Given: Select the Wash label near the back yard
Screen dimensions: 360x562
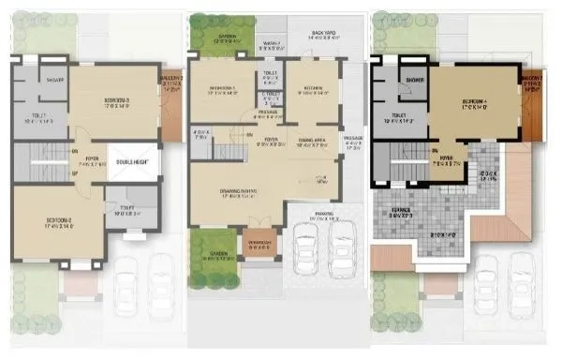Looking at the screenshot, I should point(273,43).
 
